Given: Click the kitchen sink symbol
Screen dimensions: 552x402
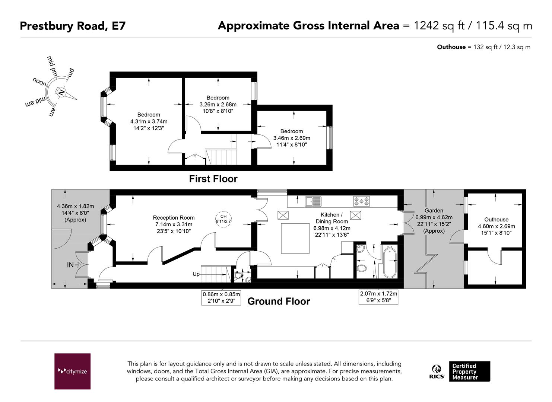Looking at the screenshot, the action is click(313, 201).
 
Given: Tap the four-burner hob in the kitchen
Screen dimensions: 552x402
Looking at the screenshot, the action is click(362, 201).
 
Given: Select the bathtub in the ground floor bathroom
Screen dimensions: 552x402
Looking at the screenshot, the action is click(390, 263).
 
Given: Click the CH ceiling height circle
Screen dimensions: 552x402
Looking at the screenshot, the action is click(223, 219).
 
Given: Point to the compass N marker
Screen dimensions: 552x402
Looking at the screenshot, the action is click(61, 93).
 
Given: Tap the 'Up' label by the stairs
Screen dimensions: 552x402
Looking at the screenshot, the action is click(196, 274).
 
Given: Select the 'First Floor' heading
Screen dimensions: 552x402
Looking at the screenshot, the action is click(213, 179).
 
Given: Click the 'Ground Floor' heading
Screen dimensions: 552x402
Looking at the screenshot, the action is click(279, 301).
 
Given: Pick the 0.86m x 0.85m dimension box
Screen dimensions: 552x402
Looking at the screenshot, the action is click(221, 297).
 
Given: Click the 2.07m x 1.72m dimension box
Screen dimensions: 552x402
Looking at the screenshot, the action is click(378, 297).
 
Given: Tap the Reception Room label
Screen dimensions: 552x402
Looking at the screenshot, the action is click(174, 217).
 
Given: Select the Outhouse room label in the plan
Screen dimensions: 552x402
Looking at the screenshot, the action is click(496, 220).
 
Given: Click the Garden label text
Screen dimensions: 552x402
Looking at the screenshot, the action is click(434, 211).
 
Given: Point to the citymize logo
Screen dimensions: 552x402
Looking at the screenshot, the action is click(73, 371).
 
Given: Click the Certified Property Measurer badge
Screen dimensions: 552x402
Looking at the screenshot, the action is click(469, 371).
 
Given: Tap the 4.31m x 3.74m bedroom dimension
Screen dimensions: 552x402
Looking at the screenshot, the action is click(149, 121).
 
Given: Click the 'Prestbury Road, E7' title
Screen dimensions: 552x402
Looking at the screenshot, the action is click(73, 26).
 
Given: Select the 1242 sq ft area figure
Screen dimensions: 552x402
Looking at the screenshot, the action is click(439, 26).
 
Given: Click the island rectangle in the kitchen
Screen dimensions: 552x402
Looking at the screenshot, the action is click(295, 239).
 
